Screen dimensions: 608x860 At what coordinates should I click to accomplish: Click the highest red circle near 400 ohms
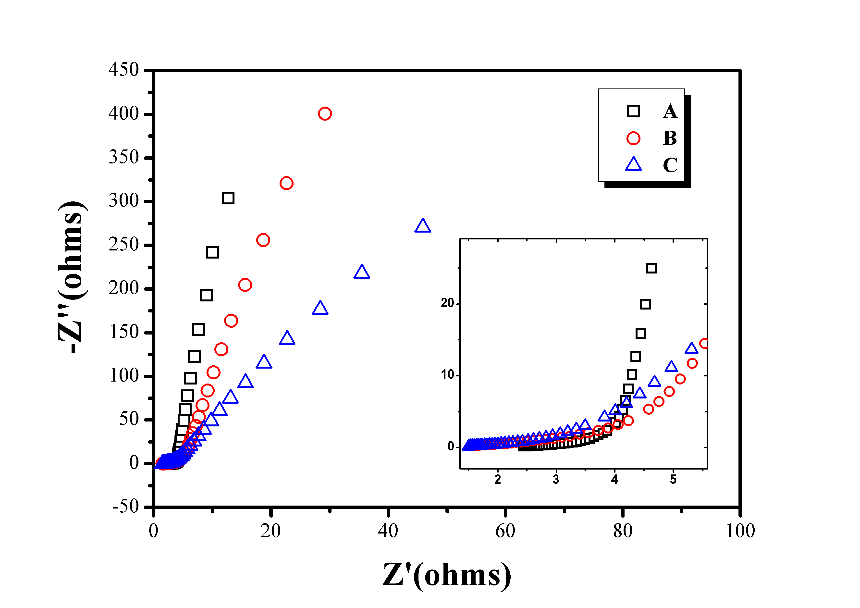(x=324, y=113)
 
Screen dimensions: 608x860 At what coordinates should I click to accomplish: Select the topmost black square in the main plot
(x=228, y=198)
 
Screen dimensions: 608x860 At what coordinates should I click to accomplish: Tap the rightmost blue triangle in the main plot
(x=422, y=226)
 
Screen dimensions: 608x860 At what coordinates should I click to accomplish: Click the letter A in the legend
(x=670, y=111)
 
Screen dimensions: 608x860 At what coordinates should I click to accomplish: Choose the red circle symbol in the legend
(x=633, y=138)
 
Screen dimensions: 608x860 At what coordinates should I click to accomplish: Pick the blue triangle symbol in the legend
(x=633, y=164)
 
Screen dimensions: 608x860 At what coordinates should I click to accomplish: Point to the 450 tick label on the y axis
(x=123, y=70)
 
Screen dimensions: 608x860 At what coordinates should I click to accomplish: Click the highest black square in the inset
(x=651, y=268)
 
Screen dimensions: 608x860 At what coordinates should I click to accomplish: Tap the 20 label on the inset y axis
(x=447, y=303)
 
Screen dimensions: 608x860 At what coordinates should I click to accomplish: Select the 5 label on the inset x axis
(x=673, y=480)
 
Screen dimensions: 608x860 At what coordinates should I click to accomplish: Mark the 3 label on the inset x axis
(x=556, y=480)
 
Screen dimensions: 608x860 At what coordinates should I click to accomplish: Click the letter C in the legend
(x=670, y=165)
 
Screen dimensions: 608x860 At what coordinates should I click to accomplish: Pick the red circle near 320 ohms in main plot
(x=286, y=183)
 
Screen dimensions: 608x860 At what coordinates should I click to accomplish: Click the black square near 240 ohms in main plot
(x=212, y=252)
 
